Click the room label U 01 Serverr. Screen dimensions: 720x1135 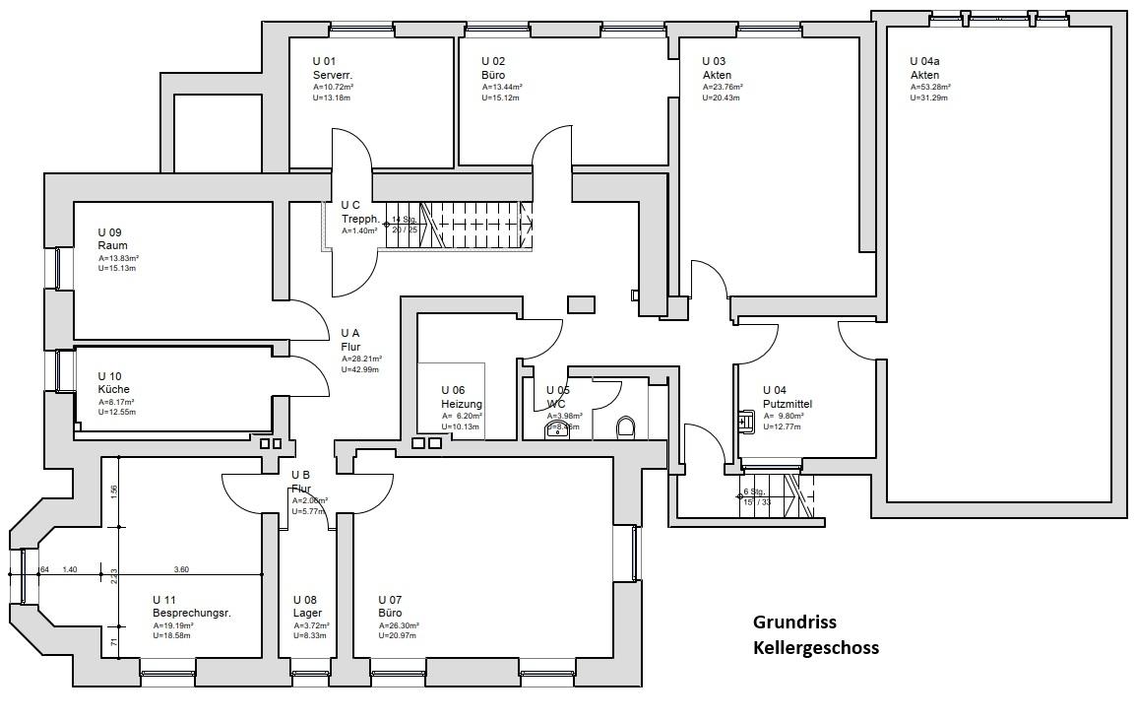coord(333,69)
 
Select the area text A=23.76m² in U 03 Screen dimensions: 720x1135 coord(723,87)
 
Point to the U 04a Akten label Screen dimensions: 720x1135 coord(925,69)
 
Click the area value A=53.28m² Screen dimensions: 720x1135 coord(930,87)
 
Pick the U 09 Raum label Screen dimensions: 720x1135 coord(113,239)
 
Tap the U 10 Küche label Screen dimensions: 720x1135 coord(113,383)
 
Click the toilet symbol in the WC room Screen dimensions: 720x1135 coord(626,426)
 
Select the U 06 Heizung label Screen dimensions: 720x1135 coord(461,398)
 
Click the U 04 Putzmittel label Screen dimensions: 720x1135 coord(787,398)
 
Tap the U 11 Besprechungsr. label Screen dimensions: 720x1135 coord(191,606)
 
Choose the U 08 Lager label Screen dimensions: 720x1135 coord(307,606)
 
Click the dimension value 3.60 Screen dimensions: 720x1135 coord(181,569)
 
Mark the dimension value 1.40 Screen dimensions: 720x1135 coord(70,569)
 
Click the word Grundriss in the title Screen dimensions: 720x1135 coord(793,622)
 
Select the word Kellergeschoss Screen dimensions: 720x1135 coord(815,648)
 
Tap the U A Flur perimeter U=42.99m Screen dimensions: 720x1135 coord(360,369)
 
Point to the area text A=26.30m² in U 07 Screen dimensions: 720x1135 coord(399,625)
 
